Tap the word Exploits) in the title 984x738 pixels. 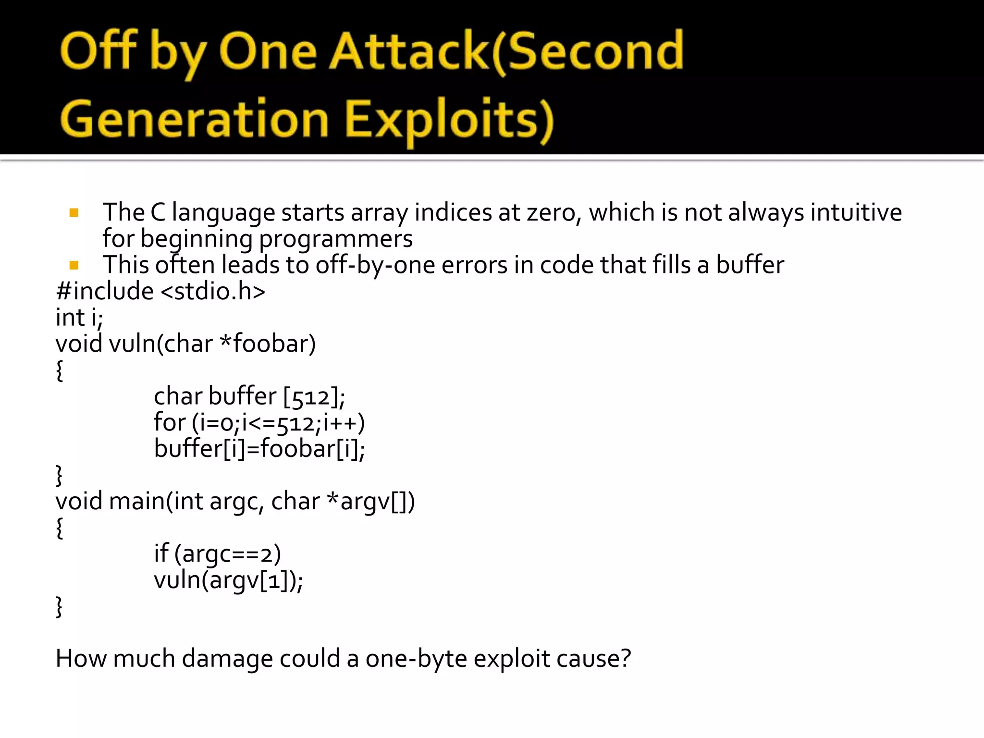pyautogui.click(x=449, y=119)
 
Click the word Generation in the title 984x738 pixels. pyautogui.click(x=194, y=119)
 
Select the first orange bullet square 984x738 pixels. pyautogui.click(x=74, y=213)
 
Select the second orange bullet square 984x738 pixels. pyautogui.click(x=74, y=265)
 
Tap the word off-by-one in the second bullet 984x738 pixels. pyautogui.click(x=375, y=265)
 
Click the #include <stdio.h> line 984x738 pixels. pyautogui.click(x=160, y=291)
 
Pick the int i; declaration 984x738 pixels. pyautogui.click(x=79, y=318)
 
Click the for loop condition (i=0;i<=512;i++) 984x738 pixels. pyautogui.click(x=278, y=423)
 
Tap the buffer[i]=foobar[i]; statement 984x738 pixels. pyautogui.click(x=259, y=449)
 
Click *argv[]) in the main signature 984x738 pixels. pyautogui.click(x=370, y=502)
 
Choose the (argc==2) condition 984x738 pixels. pyautogui.click(x=227, y=554)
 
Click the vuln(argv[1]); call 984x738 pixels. pyautogui.click(x=228, y=580)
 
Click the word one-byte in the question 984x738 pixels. pyautogui.click(x=416, y=659)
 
